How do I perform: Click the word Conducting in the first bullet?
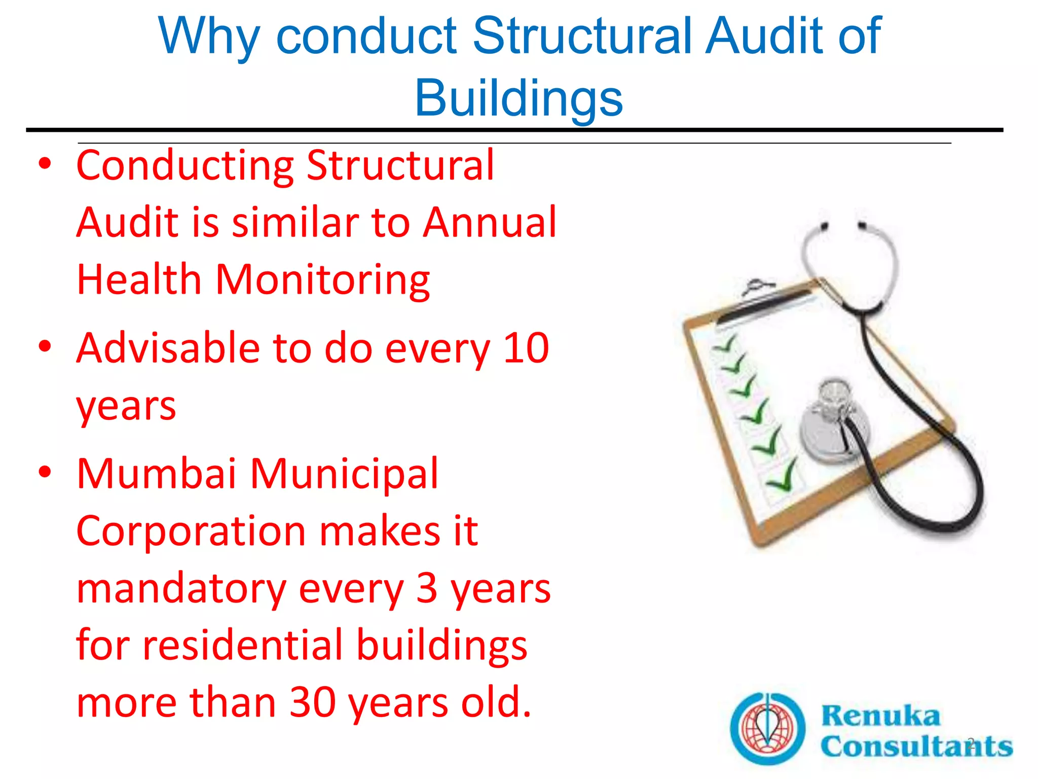(x=185, y=166)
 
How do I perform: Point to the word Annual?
(x=490, y=223)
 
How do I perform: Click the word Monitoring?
(x=323, y=280)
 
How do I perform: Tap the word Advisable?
(x=168, y=348)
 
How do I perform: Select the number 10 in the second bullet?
(x=526, y=348)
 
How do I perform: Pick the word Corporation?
(x=191, y=531)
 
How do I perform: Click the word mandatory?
(x=181, y=589)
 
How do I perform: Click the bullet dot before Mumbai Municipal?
(x=45, y=473)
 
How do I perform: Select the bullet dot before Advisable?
(x=45, y=347)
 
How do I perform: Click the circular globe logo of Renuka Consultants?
(x=767, y=728)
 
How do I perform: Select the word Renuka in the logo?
(x=881, y=716)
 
